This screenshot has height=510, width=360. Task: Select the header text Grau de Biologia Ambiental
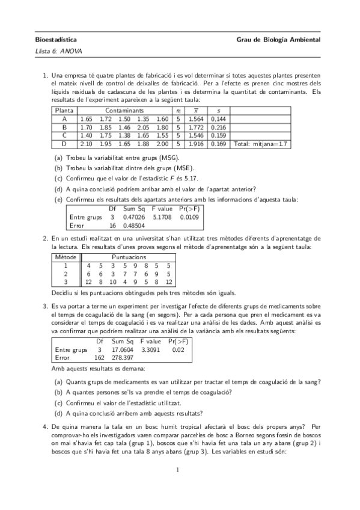pos(279,40)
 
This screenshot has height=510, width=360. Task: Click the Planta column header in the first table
pos(64,111)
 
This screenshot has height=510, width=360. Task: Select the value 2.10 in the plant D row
pos(87,144)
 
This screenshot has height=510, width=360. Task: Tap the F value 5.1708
pos(162,217)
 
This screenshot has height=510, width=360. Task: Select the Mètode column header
pos(64,257)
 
